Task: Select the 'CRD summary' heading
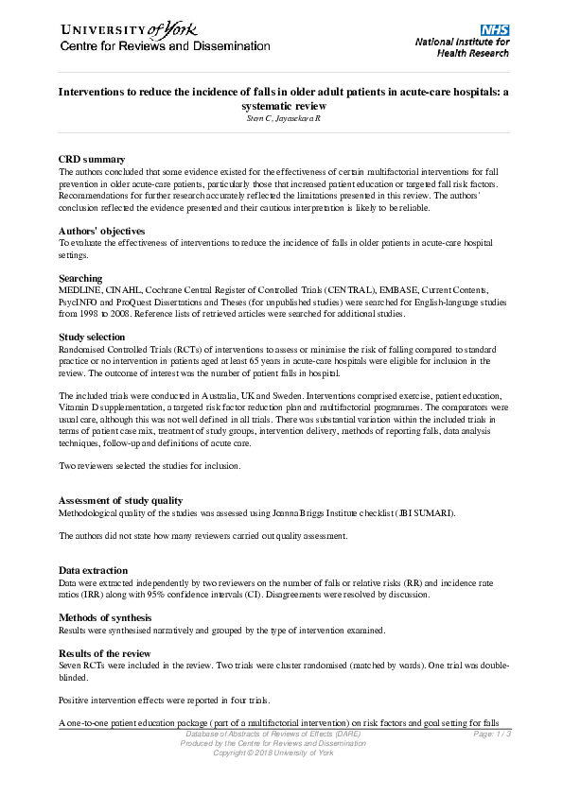[x=92, y=160]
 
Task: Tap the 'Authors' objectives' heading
[x=101, y=231]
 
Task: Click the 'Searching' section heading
[x=80, y=278]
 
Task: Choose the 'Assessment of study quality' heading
[x=120, y=500]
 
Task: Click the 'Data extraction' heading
[x=92, y=571]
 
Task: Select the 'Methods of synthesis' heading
[x=108, y=617]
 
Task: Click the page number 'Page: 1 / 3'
[x=490, y=734]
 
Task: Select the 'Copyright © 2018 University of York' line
[x=273, y=753]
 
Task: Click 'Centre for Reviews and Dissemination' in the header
[x=152, y=47]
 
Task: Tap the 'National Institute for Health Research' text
[x=462, y=48]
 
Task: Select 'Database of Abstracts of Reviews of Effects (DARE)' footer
[x=273, y=734]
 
